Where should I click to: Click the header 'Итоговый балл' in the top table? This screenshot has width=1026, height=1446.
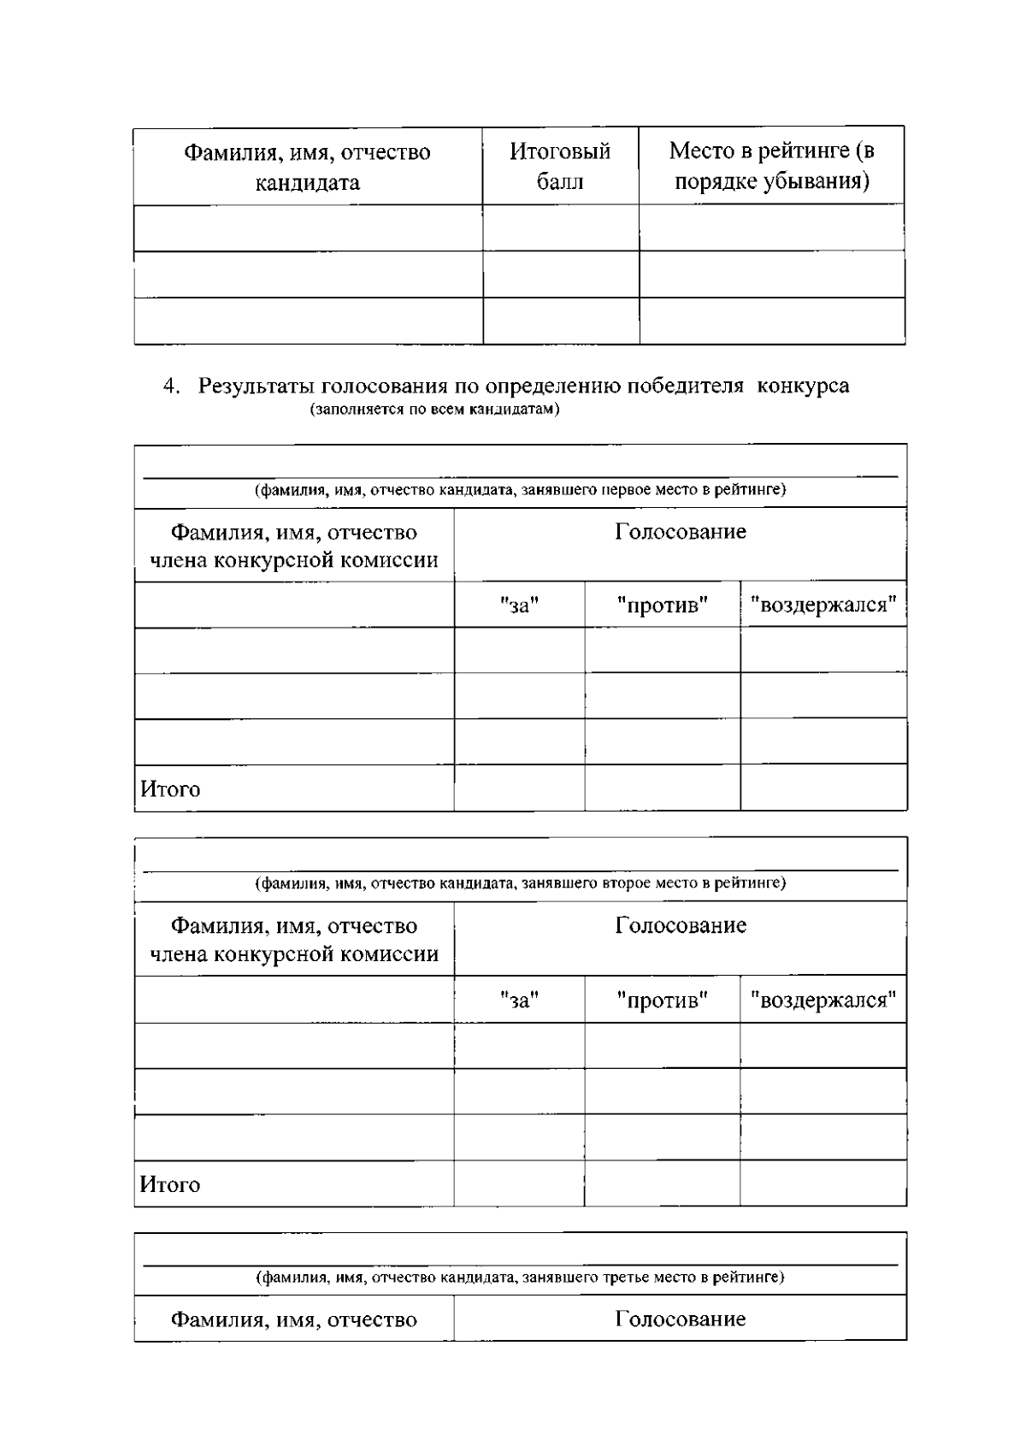[560, 166]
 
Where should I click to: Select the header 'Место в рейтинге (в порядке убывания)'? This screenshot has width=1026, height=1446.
[771, 166]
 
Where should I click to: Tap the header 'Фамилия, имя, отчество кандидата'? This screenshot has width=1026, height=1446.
[308, 167]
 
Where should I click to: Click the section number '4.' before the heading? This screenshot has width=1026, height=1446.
[172, 387]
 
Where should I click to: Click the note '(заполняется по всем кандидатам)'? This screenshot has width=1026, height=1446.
[434, 410]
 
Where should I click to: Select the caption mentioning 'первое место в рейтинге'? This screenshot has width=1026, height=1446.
[520, 490]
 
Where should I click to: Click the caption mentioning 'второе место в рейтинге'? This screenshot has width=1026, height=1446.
[520, 883]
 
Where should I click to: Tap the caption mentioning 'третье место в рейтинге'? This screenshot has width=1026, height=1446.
[520, 1278]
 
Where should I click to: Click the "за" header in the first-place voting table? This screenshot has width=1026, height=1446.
[519, 605]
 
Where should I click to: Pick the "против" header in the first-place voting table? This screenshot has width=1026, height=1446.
[662, 605]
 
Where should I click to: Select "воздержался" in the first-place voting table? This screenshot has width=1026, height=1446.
[823, 605]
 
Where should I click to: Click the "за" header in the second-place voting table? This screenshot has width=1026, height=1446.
[519, 1000]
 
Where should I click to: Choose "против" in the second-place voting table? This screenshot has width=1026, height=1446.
[662, 1000]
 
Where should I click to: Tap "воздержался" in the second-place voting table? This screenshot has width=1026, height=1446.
[823, 1000]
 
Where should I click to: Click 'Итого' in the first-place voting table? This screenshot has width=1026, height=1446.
[170, 789]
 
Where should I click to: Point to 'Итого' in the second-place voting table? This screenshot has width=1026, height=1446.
[170, 1184]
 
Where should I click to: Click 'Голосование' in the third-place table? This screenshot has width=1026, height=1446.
[680, 1319]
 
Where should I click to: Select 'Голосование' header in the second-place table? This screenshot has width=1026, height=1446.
[680, 925]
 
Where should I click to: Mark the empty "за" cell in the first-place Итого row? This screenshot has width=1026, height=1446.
[519, 788]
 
